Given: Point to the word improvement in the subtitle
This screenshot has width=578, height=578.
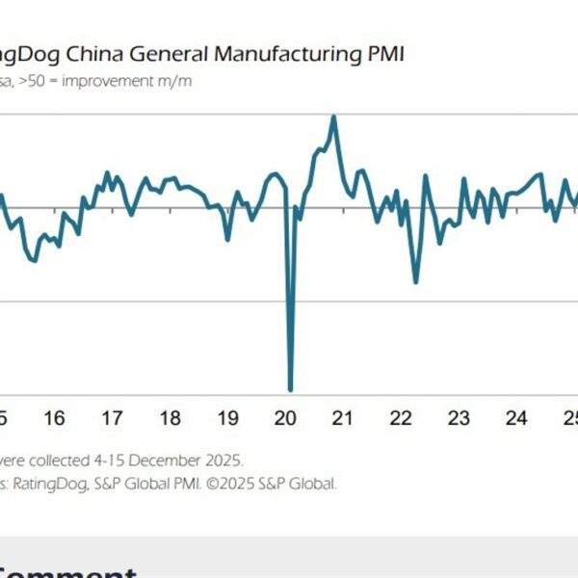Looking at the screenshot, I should click(x=120, y=81).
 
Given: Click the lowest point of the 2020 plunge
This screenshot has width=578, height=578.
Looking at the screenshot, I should click(x=290, y=389).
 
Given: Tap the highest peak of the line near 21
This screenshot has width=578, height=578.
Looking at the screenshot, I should click(x=333, y=117).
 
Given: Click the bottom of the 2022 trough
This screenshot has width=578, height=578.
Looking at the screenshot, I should click(x=415, y=281).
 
